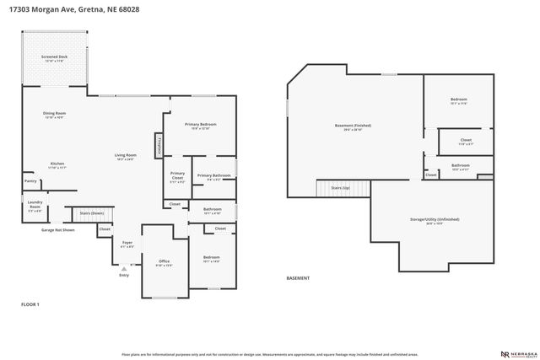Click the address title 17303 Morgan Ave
[68, 9]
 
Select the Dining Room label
[55, 115]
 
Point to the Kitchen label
[57, 165]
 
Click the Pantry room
[30, 180]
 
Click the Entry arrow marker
[124, 270]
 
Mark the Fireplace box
[158, 145]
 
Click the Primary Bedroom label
[201, 126]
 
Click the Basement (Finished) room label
[357, 126]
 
